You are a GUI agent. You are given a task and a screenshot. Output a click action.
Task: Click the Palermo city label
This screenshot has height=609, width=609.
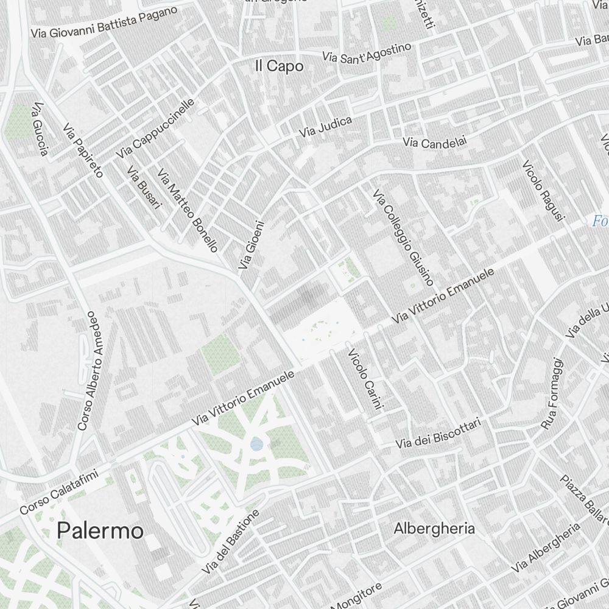(100, 531)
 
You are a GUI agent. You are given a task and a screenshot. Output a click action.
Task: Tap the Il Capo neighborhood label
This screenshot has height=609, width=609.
(279, 67)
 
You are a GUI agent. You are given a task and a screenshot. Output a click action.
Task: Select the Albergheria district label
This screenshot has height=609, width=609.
(434, 528)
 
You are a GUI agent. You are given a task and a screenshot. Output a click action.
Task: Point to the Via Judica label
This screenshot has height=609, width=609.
(325, 126)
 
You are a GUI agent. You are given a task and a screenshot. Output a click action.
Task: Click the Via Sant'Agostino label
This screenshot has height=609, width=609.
(367, 52)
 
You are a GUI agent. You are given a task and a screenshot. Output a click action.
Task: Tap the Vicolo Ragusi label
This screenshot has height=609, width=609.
(544, 191)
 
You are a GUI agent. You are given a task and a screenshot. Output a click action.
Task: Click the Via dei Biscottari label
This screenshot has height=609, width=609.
(438, 434)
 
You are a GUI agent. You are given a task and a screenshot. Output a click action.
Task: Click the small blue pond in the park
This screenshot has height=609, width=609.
(256, 444)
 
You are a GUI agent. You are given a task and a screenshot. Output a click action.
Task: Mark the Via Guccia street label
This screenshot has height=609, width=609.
(40, 128)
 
